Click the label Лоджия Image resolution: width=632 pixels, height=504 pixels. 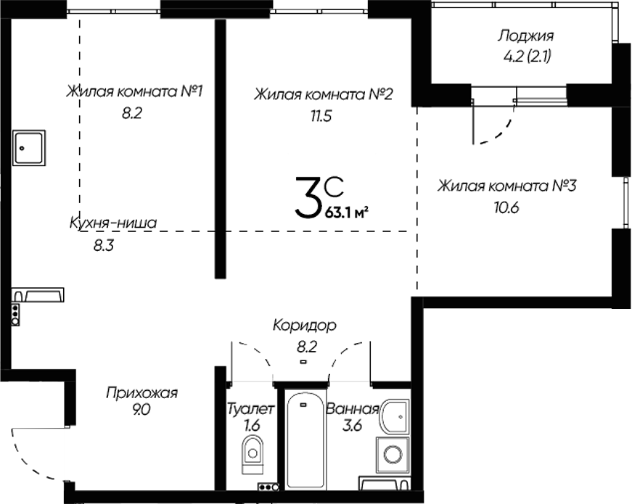526,36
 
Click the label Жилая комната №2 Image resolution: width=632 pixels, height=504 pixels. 323,94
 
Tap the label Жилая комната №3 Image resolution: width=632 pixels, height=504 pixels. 506,186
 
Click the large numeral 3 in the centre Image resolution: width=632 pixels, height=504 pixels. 307,199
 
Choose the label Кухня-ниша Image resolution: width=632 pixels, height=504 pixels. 112,223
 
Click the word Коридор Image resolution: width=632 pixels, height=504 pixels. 305,326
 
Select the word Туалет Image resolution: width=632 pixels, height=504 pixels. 250,409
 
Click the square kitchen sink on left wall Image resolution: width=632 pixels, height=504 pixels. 29,148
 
